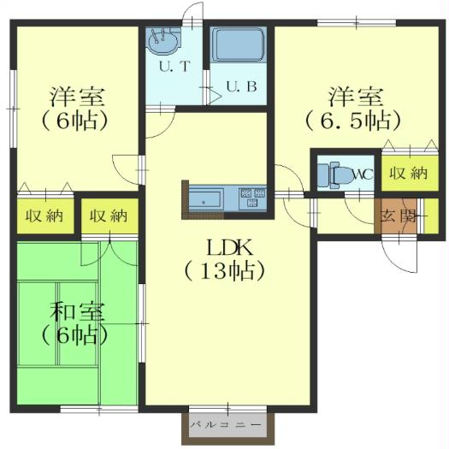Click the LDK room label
tap(227, 247)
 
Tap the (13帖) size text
tap(227, 271)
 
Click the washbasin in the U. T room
tap(162, 40)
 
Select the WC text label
tap(363, 174)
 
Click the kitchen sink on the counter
tap(208, 199)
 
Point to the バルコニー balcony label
tap(227, 424)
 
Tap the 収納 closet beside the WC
tap(407, 174)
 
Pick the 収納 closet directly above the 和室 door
tap(109, 216)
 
